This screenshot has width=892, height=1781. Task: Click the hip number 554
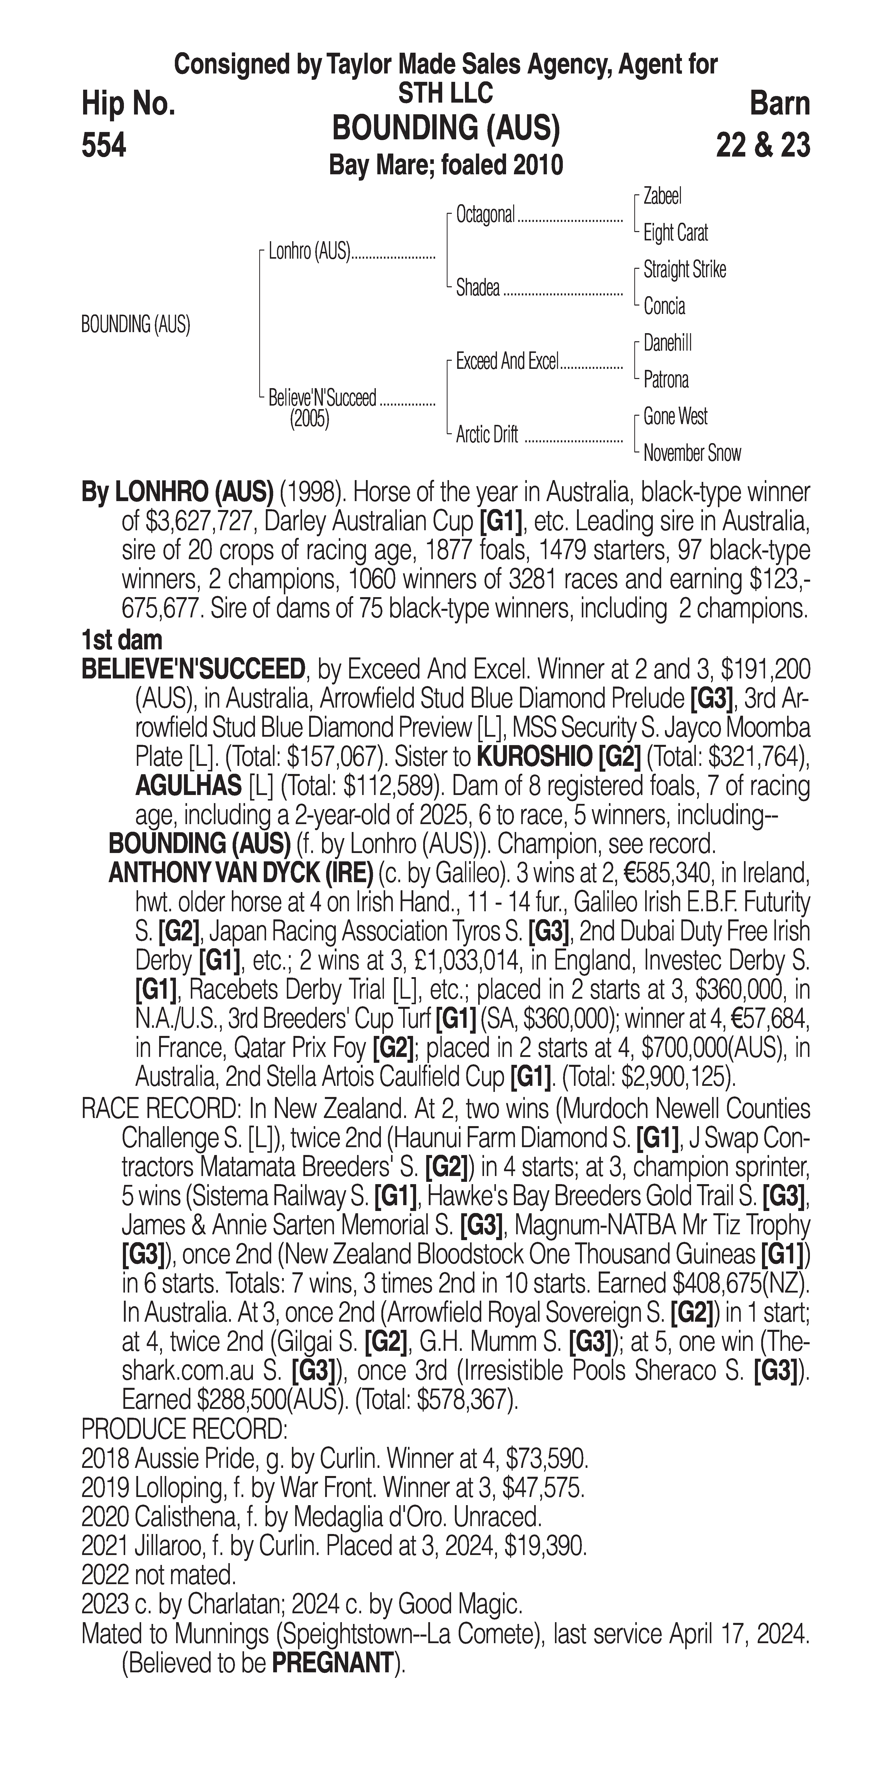point(104,146)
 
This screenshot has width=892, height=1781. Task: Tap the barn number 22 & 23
point(763,146)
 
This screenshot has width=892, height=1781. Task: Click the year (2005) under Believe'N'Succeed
point(309,420)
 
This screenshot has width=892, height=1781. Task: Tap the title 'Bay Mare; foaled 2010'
point(446,165)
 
